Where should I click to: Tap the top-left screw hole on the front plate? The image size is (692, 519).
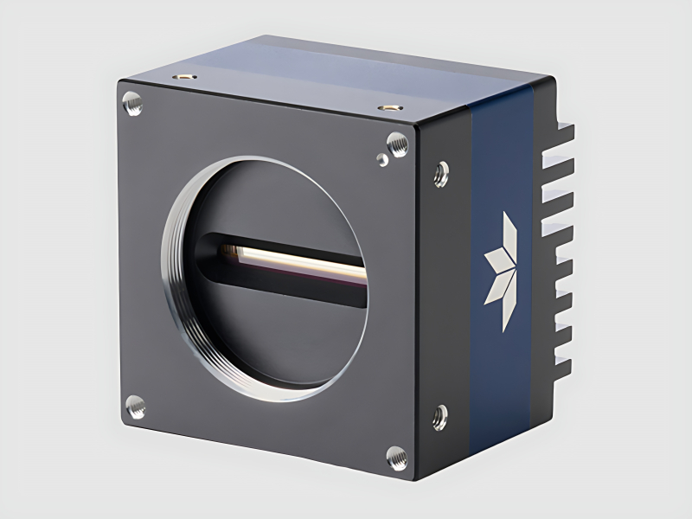click(131, 105)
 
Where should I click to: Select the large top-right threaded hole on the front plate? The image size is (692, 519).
click(396, 144)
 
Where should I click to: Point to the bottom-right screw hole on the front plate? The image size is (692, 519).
click(396, 457)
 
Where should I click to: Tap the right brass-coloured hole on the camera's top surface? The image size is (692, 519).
click(389, 107)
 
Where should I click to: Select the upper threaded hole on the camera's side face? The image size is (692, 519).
click(440, 173)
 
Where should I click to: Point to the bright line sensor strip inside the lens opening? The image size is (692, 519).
click(294, 259)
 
